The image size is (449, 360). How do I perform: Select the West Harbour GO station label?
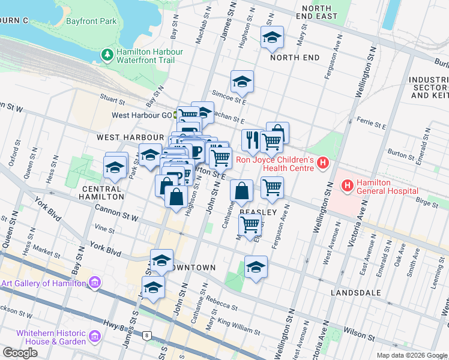pyautogui.click(x=142, y=115)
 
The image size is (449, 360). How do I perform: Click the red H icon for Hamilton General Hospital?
pyautogui.click(x=347, y=186)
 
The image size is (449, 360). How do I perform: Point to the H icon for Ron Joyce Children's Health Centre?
pyautogui.click(x=324, y=163)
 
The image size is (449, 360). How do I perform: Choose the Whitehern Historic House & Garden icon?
pyautogui.click(x=94, y=337)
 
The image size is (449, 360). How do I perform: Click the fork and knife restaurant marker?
pyautogui.click(x=251, y=140)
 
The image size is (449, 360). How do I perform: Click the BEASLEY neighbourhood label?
pyautogui.click(x=258, y=212)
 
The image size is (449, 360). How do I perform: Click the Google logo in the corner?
pyautogui.click(x=20, y=353)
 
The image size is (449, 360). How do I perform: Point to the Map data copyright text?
pyautogui.click(x=411, y=355)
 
